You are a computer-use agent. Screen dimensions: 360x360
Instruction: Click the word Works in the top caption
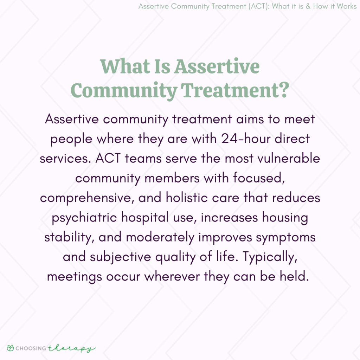click(346, 7)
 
